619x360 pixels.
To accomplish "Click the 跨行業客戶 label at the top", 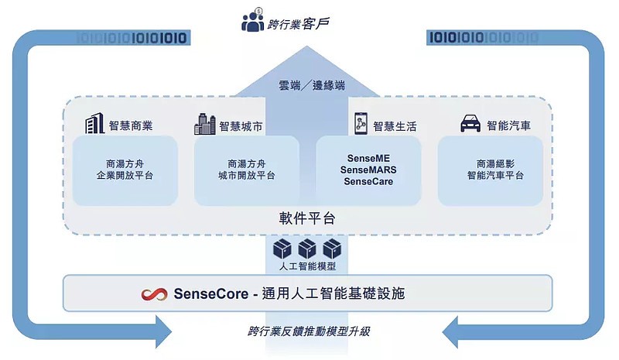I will [297, 23].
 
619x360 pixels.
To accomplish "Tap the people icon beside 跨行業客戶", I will [253, 21].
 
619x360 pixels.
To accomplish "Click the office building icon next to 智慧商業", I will [94, 124].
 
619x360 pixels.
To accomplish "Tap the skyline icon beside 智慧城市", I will [205, 124].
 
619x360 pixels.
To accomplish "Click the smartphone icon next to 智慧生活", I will [361, 124].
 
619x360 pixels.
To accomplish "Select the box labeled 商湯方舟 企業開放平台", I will [125, 170].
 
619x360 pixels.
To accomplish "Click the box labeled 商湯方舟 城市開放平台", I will [246, 170].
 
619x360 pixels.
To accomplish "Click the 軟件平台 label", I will [308, 218].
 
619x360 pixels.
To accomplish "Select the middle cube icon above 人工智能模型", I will [308, 249].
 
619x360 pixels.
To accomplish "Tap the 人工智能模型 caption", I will [308, 267].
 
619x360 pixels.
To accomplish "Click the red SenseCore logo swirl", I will [154, 294].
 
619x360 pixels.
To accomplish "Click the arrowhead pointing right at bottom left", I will [163, 331].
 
